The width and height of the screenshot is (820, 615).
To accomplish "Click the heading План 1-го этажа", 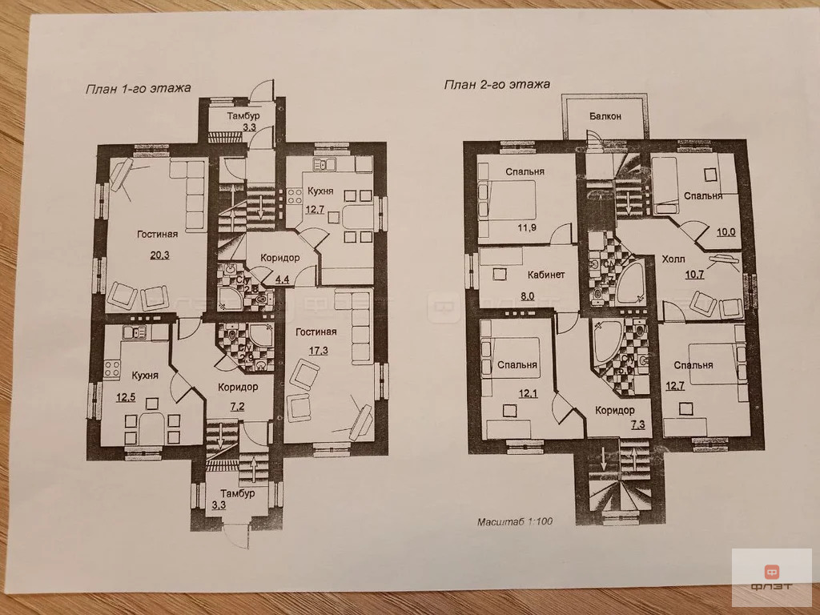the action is [x=138, y=88].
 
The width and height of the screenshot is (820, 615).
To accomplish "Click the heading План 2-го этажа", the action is [x=496, y=84].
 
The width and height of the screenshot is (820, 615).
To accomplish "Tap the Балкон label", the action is [x=605, y=116].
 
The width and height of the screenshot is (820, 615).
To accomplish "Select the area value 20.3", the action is [x=160, y=255].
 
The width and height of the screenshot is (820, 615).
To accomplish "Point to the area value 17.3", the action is [x=318, y=351].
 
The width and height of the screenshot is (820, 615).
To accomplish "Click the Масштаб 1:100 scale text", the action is [x=515, y=521].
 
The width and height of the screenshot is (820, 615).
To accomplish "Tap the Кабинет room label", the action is [x=546, y=275].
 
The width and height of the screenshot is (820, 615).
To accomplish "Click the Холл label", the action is [x=673, y=259].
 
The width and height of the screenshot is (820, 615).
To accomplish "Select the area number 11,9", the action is [x=527, y=227].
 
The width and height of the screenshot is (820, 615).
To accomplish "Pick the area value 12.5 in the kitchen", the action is [x=126, y=397].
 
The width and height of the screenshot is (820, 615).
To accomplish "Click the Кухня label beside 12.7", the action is [x=320, y=191].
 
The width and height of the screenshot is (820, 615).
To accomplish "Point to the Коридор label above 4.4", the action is [x=279, y=258].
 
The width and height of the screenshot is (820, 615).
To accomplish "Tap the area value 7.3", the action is [x=637, y=424].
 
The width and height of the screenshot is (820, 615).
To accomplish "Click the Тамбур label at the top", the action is [x=243, y=115].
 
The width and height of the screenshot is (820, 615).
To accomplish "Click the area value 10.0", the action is [x=726, y=232].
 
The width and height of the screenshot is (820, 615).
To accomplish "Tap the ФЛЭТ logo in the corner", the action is [x=772, y=577].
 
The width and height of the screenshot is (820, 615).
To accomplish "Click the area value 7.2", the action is [x=237, y=406].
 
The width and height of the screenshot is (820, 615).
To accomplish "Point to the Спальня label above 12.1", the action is [x=517, y=365].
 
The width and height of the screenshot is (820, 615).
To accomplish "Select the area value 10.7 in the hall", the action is [x=694, y=274].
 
